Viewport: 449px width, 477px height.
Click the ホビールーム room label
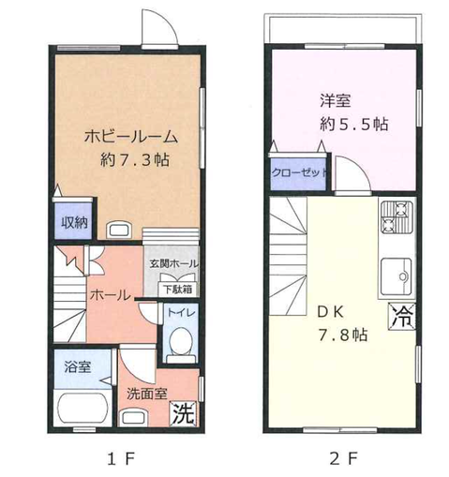[131, 137]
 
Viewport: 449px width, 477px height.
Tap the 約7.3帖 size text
[135, 160]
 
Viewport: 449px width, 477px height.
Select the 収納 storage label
[74, 222]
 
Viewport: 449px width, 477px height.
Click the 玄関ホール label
[173, 263]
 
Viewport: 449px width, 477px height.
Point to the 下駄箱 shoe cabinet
[178, 290]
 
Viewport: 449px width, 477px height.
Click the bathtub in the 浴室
[82, 408]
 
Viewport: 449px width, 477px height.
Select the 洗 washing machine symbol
[184, 414]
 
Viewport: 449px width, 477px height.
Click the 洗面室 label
[146, 394]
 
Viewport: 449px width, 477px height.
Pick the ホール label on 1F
[111, 295]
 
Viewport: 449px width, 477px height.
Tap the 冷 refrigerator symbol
[402, 316]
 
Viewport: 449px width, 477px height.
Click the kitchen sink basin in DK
[396, 276]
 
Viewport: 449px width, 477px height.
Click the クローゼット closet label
[299, 172]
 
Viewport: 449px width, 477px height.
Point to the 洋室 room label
[336, 100]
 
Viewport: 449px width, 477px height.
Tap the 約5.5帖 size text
[354, 124]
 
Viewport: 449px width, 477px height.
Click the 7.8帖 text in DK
[342, 335]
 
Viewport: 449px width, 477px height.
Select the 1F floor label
[121, 459]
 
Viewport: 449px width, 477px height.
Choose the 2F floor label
[343, 459]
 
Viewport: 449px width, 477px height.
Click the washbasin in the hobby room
[119, 230]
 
